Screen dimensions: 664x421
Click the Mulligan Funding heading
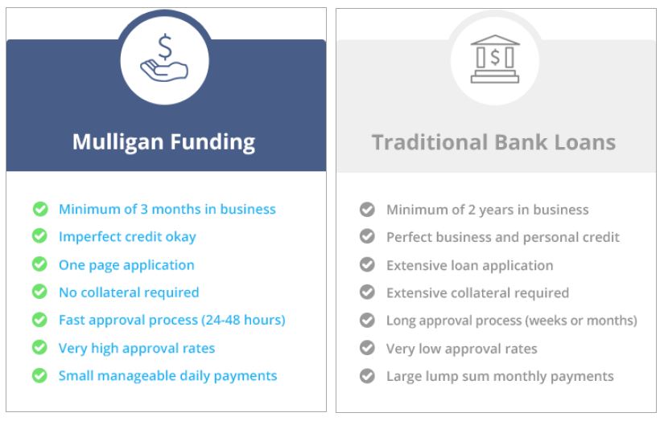pyautogui.click(x=163, y=142)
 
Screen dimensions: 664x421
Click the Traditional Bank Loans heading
pyautogui.click(x=493, y=142)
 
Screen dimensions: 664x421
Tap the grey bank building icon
pyautogui.click(x=495, y=59)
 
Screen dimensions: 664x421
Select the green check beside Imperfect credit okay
pyautogui.click(x=39, y=236)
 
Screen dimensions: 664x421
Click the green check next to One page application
pyautogui.click(x=39, y=264)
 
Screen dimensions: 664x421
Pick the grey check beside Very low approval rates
pyautogui.click(x=367, y=348)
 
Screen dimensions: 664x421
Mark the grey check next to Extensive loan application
pyautogui.click(x=367, y=264)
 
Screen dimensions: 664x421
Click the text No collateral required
pyautogui.click(x=129, y=292)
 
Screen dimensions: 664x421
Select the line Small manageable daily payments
pyautogui.click(x=167, y=376)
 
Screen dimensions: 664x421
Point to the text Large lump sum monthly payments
pyautogui.click(x=500, y=376)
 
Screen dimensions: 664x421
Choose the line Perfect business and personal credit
pyautogui.click(x=503, y=237)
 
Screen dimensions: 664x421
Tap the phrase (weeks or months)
pyautogui.click(x=581, y=321)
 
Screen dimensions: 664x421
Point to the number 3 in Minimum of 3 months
pyautogui.click(x=144, y=209)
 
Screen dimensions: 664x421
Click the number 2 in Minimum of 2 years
pyautogui.click(x=472, y=210)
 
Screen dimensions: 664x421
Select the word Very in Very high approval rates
pyautogui.click(x=72, y=349)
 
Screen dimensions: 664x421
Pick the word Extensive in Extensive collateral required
pyautogui.click(x=416, y=292)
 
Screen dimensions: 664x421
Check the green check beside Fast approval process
pyautogui.click(x=39, y=320)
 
